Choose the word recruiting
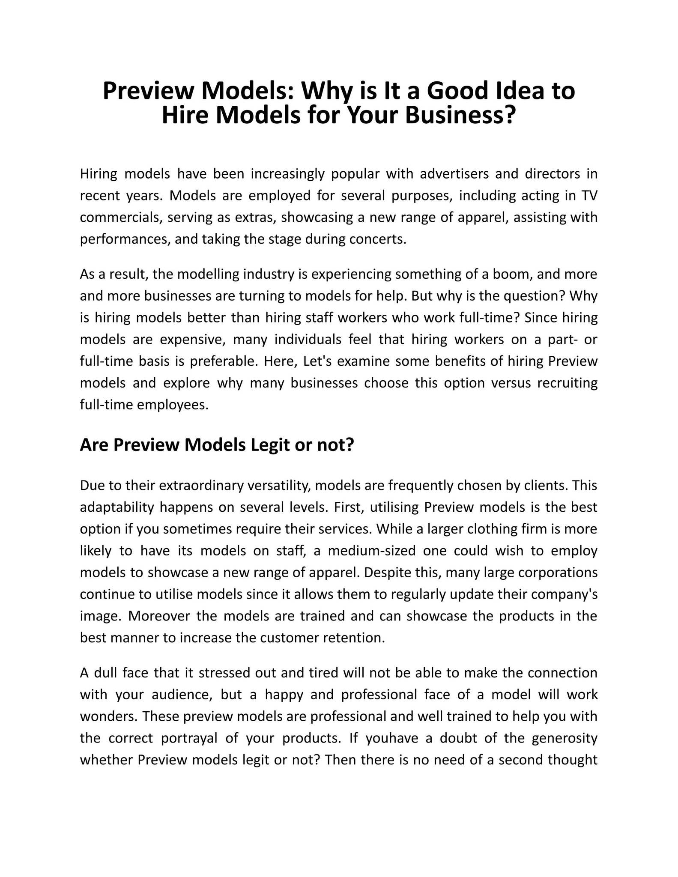(567, 383)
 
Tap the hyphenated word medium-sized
(371, 551)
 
